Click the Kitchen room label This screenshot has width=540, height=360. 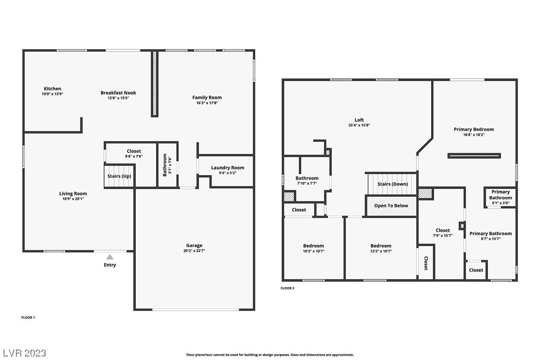pos(52,89)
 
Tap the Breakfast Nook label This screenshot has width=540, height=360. pos(118,92)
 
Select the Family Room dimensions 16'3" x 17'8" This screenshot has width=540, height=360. pos(207,102)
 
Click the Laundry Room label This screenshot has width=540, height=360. pos(228,168)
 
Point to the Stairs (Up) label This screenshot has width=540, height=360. pos(119,176)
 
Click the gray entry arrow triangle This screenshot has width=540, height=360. pos(110,257)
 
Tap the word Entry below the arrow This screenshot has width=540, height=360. pos(110,265)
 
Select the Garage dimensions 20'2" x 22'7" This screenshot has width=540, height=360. pos(194,251)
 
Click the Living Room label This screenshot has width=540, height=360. pos(73,193)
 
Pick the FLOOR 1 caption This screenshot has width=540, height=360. pos(28,318)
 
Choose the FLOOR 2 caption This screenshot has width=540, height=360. pos(287,288)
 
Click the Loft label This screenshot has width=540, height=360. pos(359,120)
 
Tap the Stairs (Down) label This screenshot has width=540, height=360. pos(393,184)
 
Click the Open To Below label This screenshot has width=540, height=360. pos(391,206)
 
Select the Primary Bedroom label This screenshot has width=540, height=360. pos(474,129)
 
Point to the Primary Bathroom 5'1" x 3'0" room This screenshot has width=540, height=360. pos(500,197)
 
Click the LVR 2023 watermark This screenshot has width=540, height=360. pos(24,353)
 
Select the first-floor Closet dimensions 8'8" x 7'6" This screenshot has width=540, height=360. pos(134,157)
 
